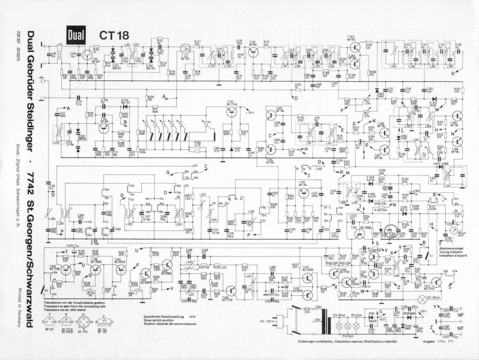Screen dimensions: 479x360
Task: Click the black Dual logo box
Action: (x=76, y=35)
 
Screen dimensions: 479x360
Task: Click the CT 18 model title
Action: (x=114, y=35)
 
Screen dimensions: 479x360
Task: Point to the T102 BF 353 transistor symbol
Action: (x=185, y=48)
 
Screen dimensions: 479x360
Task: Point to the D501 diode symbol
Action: (x=372, y=319)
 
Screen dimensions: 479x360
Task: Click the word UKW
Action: (x=192, y=316)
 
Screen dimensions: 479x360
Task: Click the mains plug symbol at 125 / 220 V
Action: (x=296, y=321)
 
